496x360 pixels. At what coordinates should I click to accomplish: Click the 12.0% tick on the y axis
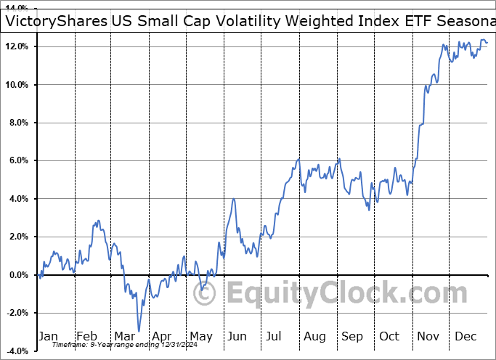pos(15,46)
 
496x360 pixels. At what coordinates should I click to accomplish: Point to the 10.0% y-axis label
pos(15,85)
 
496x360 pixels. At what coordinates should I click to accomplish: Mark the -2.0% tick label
pos(16,313)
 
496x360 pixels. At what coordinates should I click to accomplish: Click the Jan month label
pos(47,336)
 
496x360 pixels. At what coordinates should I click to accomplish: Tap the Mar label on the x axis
pos(125,336)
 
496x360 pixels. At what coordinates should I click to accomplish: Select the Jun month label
pos(237,336)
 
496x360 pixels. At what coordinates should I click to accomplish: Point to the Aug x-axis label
pos(314,336)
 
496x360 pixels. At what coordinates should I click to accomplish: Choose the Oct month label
pos(389,336)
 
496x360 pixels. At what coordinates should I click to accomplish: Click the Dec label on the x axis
pos(466,336)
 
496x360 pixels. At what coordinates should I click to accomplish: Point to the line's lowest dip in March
pos(138,331)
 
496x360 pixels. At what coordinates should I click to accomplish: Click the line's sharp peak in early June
pos(234,199)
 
